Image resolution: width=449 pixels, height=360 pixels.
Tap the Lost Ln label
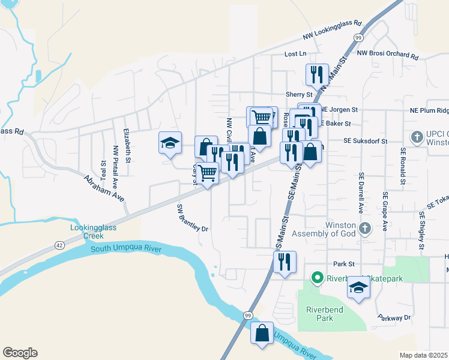(295, 54)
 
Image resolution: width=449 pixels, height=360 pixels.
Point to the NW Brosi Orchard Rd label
(387, 54)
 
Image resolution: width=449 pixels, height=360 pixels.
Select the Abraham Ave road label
(103, 188)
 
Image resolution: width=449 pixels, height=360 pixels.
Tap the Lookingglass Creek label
(93, 232)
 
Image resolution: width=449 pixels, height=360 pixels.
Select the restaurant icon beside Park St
(284, 262)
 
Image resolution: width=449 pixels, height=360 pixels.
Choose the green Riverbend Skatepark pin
(316, 278)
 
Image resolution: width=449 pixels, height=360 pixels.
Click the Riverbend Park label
(319, 314)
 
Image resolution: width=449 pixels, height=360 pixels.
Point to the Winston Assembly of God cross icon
(364, 228)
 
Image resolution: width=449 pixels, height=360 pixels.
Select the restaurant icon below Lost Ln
(316, 75)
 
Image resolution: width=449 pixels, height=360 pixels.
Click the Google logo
(20, 353)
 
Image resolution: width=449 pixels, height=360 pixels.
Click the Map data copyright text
(424, 355)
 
